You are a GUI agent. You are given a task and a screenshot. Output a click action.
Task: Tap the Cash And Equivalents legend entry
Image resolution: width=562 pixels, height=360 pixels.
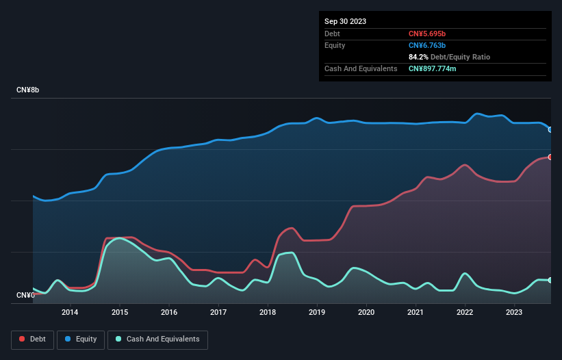157,339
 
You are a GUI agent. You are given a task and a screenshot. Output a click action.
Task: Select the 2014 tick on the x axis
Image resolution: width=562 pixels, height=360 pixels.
70,313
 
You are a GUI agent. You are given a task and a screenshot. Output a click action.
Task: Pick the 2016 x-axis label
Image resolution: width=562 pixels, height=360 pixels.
169,313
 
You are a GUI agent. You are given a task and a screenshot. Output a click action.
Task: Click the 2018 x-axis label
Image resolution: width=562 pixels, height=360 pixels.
268,313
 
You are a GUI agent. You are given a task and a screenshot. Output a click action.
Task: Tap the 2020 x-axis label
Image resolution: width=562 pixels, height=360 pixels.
367,313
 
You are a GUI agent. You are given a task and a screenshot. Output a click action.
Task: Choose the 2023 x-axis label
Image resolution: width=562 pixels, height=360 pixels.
515,313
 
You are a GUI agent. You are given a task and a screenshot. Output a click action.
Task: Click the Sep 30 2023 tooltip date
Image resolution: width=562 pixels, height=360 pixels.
345,21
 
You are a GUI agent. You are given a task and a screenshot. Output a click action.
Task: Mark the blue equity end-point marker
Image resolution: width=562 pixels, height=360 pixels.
550,129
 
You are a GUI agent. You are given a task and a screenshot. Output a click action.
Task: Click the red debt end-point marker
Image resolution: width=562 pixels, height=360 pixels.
550,157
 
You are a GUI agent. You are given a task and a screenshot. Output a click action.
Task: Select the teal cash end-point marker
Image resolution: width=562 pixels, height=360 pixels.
550,280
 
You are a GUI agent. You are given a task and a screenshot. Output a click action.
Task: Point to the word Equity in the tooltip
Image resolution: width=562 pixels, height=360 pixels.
335,45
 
